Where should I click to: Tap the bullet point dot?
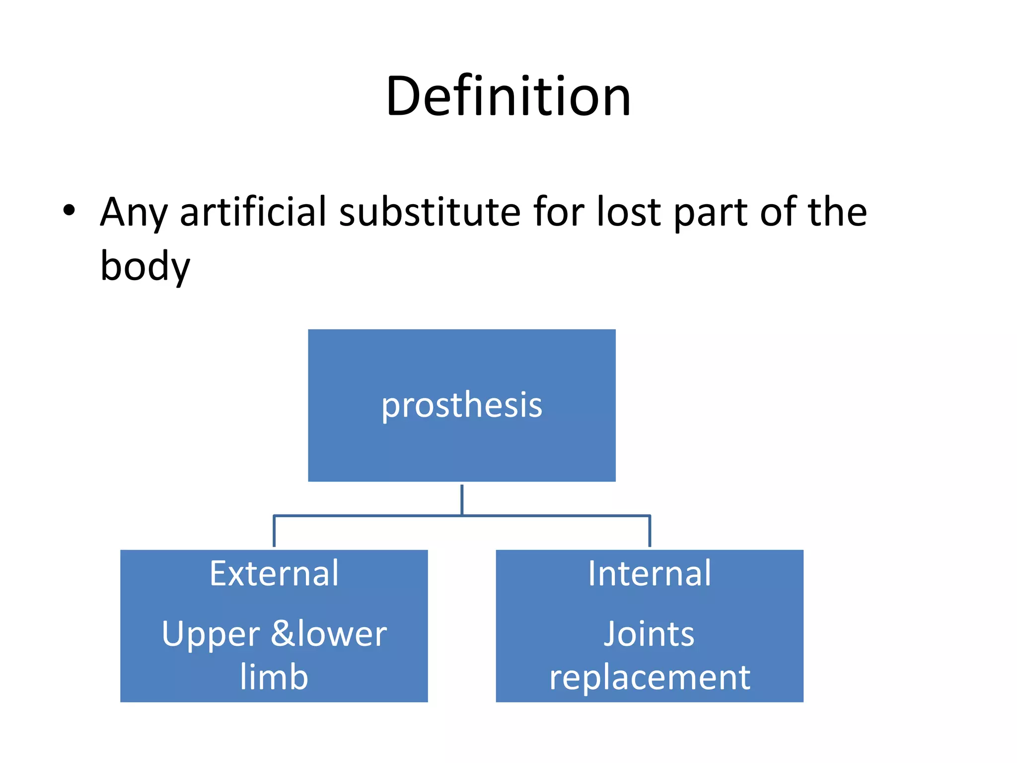click(69, 211)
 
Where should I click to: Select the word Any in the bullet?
click(134, 213)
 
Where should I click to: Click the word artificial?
click(253, 211)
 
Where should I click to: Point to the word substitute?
click(430, 211)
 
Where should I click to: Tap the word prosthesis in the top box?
click(462, 406)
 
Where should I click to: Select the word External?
click(274, 573)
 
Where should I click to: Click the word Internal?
click(650, 573)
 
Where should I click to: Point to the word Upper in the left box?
click(211, 635)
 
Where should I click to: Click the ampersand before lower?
click(284, 633)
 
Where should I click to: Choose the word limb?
click(274, 676)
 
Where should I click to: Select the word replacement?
click(650, 678)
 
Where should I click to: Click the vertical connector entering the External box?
click(274, 532)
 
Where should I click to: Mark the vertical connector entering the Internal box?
click(650, 532)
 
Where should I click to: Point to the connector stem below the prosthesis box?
click(462, 500)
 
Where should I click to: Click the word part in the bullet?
click(711, 213)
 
